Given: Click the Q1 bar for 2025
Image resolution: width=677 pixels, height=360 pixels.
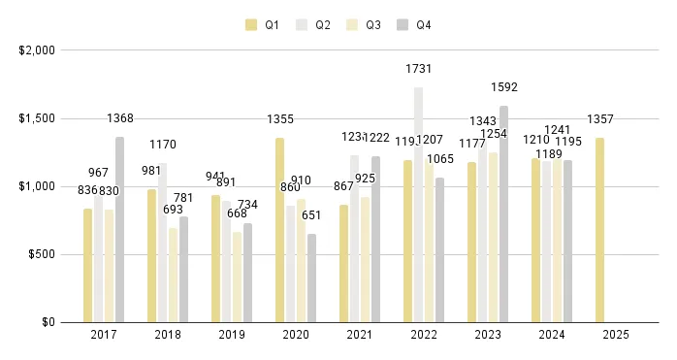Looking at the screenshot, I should (x=601, y=230).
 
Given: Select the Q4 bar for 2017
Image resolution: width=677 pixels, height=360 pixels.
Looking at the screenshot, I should (x=119, y=229).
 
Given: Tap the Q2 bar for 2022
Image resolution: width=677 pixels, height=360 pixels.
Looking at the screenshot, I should (x=419, y=205).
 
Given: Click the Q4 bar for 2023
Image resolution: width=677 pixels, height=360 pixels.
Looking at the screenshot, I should (x=504, y=213).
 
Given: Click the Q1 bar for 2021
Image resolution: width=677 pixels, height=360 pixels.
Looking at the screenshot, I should (x=344, y=263).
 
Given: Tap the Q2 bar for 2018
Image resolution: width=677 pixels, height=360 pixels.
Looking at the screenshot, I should (x=162, y=243).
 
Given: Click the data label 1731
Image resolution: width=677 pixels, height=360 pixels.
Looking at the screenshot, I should (x=419, y=69).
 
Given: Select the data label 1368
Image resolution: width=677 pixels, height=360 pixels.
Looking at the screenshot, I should (x=120, y=118).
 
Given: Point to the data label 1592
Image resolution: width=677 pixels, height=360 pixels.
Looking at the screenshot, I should (x=504, y=88).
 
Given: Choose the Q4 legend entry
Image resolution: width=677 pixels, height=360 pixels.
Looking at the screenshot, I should (x=415, y=24).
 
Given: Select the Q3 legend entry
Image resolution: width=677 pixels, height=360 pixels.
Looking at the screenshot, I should (x=365, y=24).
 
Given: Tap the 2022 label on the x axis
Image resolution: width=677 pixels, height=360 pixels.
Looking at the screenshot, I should (x=424, y=336).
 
